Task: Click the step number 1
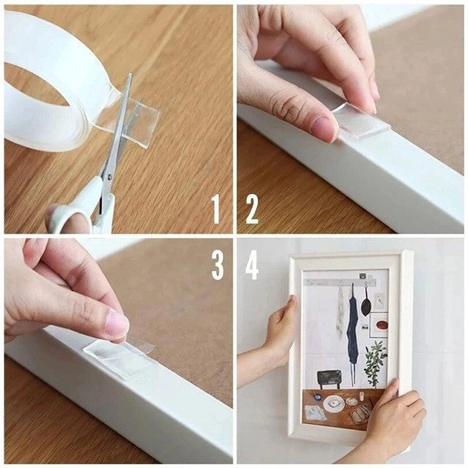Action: point(216,209)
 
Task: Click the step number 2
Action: point(252,209)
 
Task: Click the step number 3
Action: point(217,265)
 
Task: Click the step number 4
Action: point(252,265)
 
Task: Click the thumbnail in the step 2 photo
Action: point(322,126)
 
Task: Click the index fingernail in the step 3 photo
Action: point(117,323)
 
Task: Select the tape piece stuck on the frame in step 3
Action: point(120,358)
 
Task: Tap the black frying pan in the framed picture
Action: point(365,305)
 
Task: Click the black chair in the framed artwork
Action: point(329,378)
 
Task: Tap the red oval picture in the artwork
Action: point(382,325)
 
